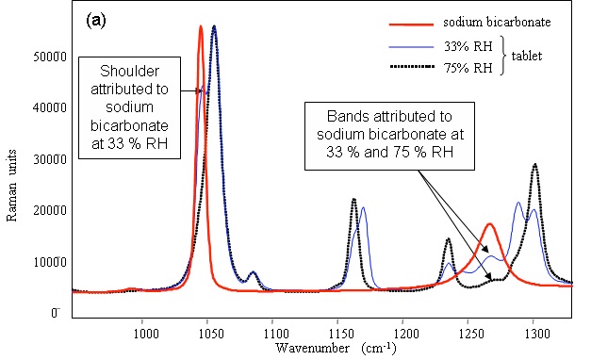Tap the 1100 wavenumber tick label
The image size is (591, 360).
[274, 332]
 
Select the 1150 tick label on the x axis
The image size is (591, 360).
[339, 332]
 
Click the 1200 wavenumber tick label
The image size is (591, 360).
[404, 332]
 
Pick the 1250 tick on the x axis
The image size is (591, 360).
[469, 332]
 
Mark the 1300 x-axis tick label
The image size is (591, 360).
[534, 332]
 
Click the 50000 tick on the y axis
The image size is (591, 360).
[47, 57]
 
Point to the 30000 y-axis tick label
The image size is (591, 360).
[47, 159]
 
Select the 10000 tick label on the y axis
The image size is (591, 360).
[47, 261]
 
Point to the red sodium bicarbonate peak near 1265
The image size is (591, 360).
[489, 224]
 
